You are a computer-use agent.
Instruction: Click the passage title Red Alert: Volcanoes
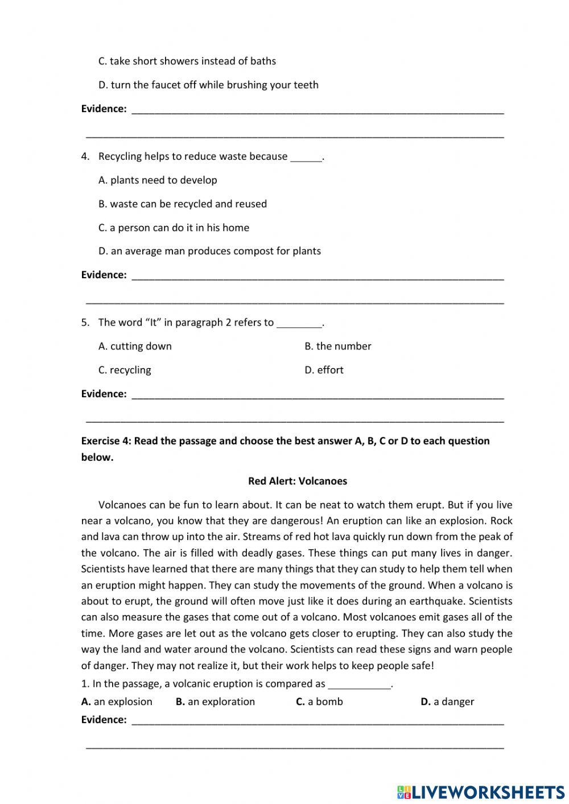click(297, 481)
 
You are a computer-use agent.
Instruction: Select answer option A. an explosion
click(117, 702)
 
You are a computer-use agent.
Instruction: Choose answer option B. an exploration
click(215, 702)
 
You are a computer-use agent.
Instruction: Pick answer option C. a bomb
click(319, 702)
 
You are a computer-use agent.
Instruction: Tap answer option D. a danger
click(447, 702)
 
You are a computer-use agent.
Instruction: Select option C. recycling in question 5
click(125, 370)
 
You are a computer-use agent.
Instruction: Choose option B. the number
click(337, 346)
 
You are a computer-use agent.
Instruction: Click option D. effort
click(324, 370)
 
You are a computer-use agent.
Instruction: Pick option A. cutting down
click(135, 346)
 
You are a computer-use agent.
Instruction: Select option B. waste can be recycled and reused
click(182, 204)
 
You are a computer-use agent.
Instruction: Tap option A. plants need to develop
click(158, 180)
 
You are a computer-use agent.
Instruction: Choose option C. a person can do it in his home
click(174, 228)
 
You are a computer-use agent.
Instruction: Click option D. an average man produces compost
click(209, 251)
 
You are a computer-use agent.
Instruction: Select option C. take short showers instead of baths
click(187, 61)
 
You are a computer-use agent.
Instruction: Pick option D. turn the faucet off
click(208, 85)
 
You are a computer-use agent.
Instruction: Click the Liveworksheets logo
click(481, 791)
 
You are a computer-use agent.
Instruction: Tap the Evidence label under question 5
click(104, 394)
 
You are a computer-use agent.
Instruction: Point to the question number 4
click(85, 156)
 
